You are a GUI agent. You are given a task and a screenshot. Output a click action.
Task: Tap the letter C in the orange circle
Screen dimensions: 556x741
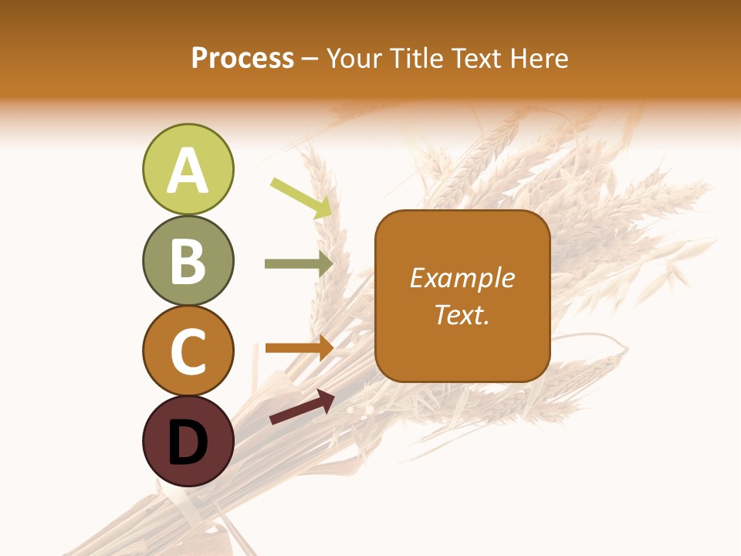[x=188, y=351]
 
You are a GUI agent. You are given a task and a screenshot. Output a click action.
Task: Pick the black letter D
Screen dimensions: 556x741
[x=188, y=442]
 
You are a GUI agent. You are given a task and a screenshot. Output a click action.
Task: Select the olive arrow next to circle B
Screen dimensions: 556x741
[x=298, y=264]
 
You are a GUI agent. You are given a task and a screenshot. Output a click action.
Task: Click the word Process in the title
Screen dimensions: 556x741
[x=242, y=58]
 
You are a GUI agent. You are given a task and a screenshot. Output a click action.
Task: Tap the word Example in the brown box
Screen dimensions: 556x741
[x=462, y=278]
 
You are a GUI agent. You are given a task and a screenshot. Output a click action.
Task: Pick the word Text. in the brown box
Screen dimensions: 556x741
[x=462, y=314]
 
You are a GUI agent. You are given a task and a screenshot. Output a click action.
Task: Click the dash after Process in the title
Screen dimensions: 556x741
[x=310, y=59]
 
